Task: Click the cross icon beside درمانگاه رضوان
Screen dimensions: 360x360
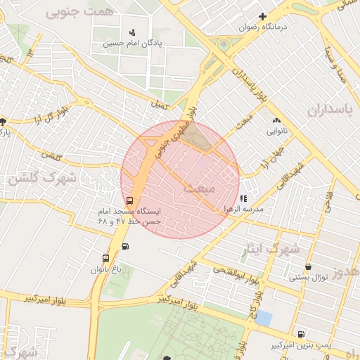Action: pyautogui.click(x=263, y=16)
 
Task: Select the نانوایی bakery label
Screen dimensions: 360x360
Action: pyautogui.click(x=275, y=131)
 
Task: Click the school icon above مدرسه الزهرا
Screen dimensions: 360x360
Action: pyautogui.click(x=244, y=199)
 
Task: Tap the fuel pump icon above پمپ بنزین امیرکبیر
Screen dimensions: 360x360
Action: pyautogui.click(x=301, y=334)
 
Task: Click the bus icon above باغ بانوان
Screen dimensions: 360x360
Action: pyautogui.click(x=105, y=258)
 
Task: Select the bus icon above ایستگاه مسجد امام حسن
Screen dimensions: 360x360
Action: pyautogui.click(x=128, y=200)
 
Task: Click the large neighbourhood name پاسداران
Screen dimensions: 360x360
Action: pyautogui.click(x=328, y=110)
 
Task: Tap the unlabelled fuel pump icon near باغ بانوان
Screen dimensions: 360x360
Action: pyautogui.click(x=125, y=246)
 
